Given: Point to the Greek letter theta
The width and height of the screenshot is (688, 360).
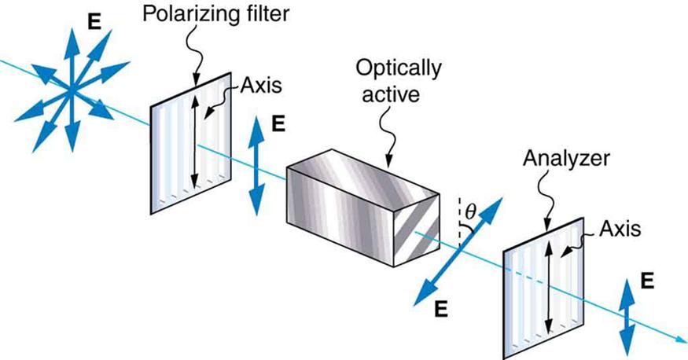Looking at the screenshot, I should click(x=470, y=211).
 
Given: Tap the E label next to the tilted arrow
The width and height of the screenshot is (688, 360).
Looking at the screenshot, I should click(x=441, y=308).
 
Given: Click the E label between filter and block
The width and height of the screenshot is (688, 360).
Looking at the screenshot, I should click(x=277, y=123).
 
